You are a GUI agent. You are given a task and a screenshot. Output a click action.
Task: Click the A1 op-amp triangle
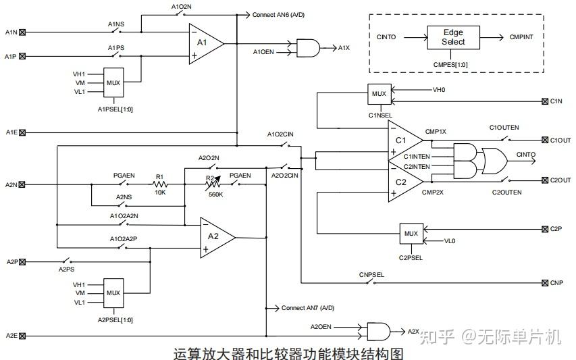tap(204, 43)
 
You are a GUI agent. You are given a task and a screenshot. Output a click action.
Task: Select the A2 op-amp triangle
tap(215, 237)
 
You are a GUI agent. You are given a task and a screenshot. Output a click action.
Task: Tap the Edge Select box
tap(453, 37)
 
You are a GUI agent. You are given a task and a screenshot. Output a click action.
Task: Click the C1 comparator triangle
tap(404, 141)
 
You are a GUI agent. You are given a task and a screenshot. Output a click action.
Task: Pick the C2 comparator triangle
tap(404, 181)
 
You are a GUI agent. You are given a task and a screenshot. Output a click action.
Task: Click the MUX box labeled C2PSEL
tap(411, 234)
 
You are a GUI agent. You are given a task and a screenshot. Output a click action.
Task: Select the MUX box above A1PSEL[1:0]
tap(113, 83)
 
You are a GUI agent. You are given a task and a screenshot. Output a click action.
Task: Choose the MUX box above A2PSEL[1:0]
tap(113, 294)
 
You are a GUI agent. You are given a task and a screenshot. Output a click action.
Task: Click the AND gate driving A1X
tap(308, 47)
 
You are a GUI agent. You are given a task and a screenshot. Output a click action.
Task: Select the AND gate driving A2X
tap(377, 331)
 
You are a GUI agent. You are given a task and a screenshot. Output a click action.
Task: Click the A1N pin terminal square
tap(23, 32)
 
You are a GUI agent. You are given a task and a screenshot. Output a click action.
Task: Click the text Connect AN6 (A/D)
tap(278, 14)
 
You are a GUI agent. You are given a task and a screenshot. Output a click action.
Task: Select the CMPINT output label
tap(521, 36)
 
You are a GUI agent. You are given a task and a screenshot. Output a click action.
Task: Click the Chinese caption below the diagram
tap(288, 353)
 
